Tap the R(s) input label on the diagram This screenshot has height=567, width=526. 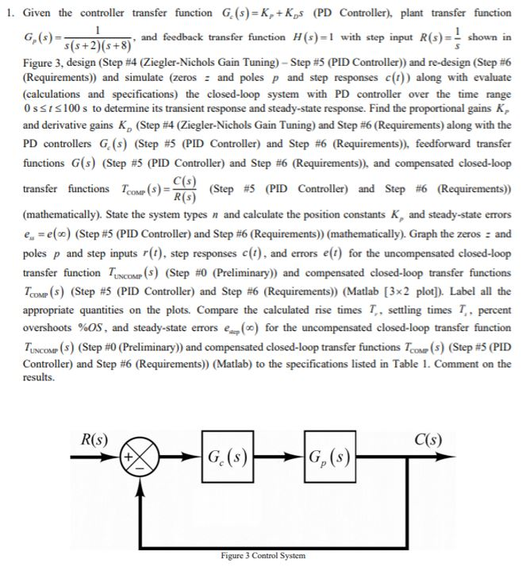pyautogui.click(x=97, y=438)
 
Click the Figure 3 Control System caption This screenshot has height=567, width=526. pyautogui.click(x=263, y=556)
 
